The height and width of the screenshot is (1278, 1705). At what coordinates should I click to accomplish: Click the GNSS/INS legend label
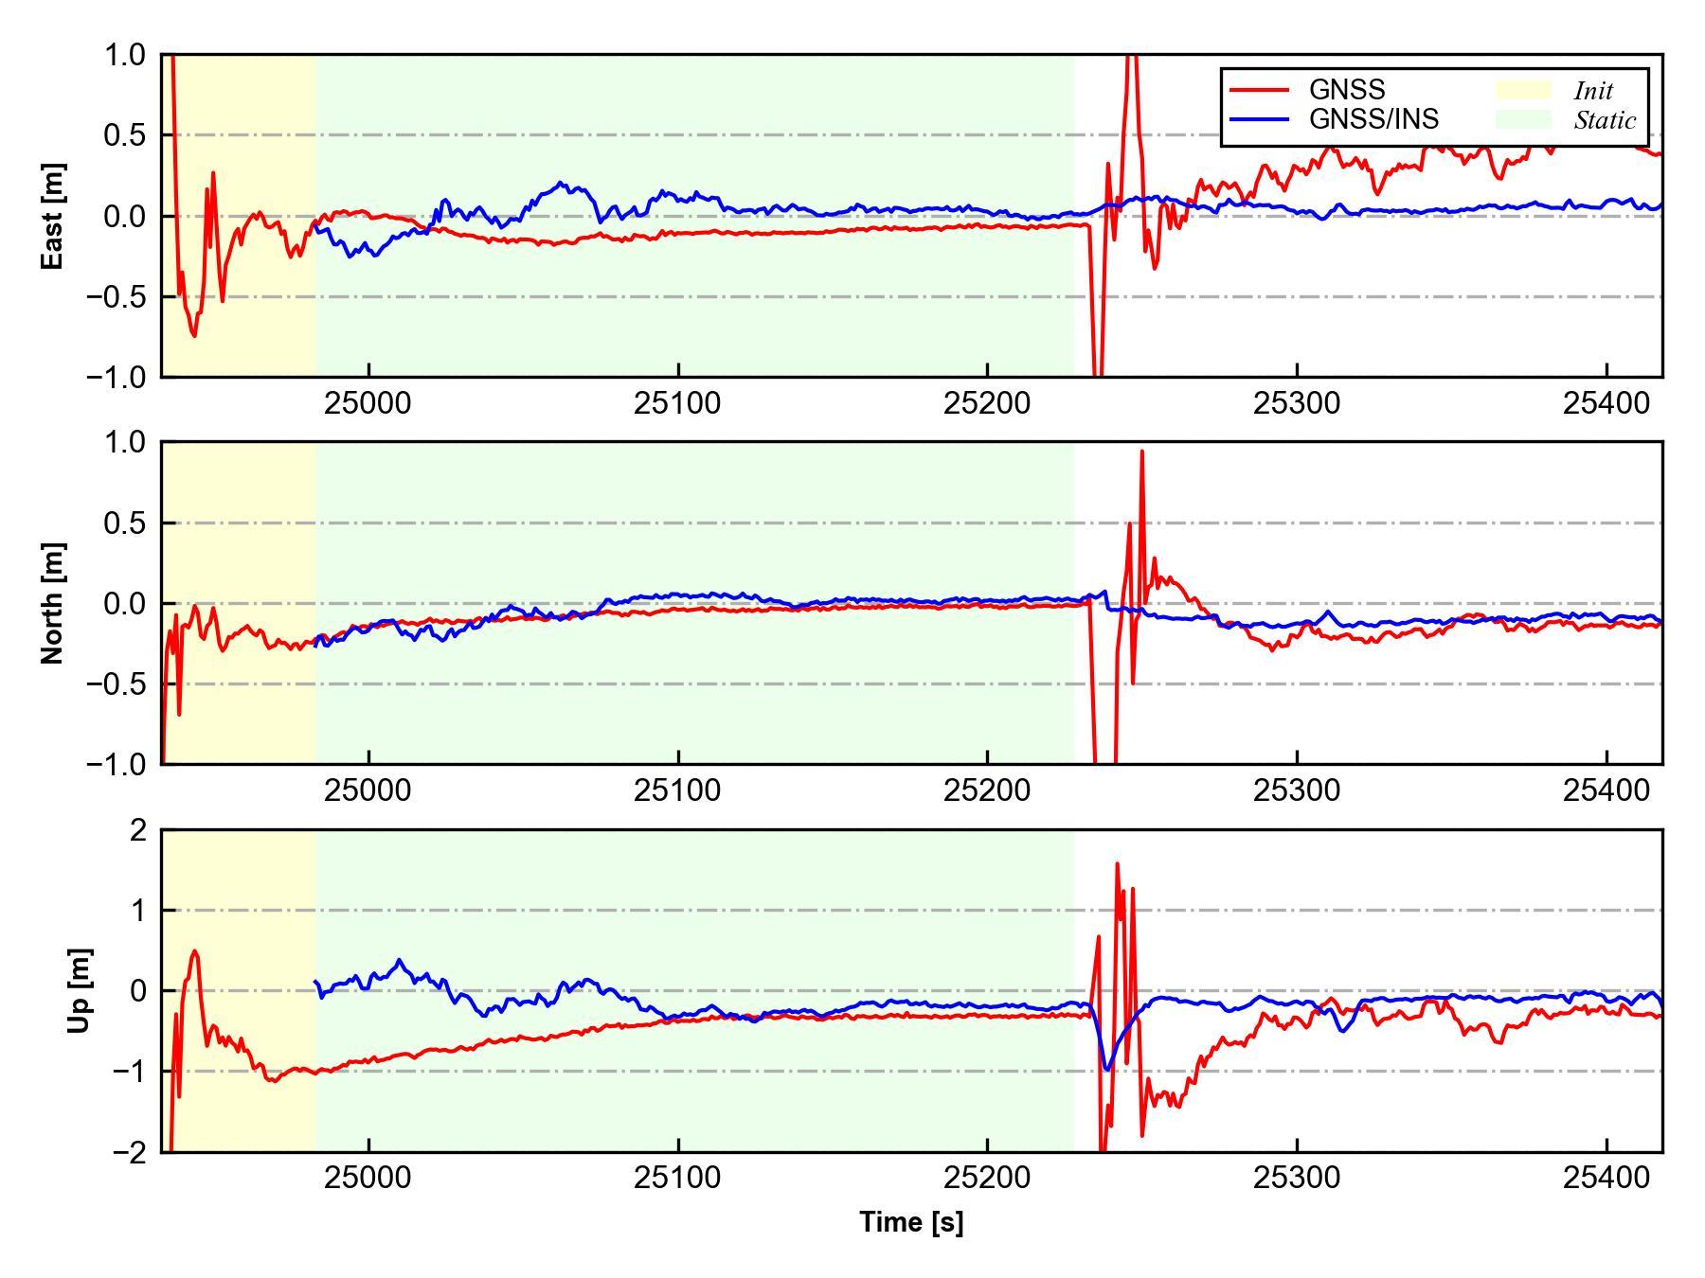[1373, 119]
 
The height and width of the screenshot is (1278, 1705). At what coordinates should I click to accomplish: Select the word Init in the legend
[1593, 91]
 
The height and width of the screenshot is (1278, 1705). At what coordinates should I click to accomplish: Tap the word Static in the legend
[1605, 120]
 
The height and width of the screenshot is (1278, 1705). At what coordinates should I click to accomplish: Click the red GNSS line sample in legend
[1259, 90]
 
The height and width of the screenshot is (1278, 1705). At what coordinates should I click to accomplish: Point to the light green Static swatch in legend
[1523, 119]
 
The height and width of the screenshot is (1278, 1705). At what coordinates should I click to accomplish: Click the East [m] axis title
[53, 216]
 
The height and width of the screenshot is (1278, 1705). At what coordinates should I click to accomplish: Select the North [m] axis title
[53, 603]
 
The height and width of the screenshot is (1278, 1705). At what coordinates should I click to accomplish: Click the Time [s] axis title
[911, 1222]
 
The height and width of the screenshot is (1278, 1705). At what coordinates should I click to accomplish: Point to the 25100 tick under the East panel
[677, 403]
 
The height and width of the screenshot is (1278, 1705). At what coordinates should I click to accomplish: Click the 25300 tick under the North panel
[1297, 790]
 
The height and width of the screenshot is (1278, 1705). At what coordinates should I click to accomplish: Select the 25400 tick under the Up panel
[1606, 1178]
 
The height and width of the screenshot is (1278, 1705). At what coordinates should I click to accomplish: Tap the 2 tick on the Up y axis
[139, 830]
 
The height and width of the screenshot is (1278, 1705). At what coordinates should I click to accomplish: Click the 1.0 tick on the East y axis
[126, 56]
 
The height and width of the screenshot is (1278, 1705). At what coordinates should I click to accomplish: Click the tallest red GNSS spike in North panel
[1142, 453]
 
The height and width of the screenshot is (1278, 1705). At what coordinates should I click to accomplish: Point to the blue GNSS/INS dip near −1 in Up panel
[1105, 1069]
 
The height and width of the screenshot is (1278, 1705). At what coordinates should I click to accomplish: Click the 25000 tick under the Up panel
[368, 1178]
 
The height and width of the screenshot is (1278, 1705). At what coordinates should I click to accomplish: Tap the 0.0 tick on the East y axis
[126, 217]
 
